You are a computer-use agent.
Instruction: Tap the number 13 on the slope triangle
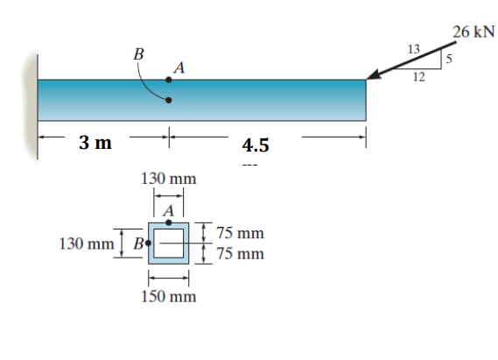tap(415, 47)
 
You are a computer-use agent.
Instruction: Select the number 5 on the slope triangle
tap(449, 60)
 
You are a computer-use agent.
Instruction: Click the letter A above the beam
tap(179, 67)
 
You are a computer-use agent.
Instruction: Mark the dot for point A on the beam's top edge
tap(169, 80)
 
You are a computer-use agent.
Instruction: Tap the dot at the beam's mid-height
tap(169, 100)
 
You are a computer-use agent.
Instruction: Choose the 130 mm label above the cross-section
tap(169, 179)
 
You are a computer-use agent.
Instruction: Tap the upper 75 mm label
tap(239, 234)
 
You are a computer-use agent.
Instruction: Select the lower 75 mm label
tap(239, 254)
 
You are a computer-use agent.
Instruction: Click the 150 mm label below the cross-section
tap(169, 296)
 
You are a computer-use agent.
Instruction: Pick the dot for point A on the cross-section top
tap(169, 223)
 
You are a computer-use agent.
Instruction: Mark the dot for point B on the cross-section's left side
tap(149, 243)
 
